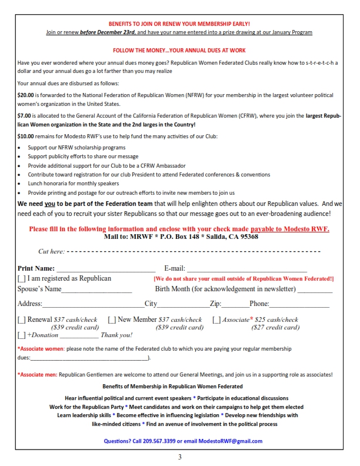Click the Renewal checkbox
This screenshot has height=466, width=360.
[x=22, y=320]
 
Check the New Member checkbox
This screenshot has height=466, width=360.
[x=112, y=320]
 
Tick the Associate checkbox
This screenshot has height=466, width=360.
[x=216, y=320]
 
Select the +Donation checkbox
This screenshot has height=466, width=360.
[x=22, y=335]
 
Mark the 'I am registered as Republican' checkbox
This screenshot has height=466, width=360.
[x=22, y=278]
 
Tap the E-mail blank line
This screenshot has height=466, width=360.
[x=259, y=269]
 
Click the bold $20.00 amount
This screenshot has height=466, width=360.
[x=25, y=95]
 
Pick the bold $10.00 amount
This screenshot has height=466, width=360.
[x=25, y=137]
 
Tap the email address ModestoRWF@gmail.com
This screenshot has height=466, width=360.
[x=230, y=441]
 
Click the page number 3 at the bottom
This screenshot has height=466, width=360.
[x=180, y=457]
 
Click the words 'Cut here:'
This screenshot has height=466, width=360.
[x=51, y=252]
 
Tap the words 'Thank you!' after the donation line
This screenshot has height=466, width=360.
[x=116, y=335]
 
